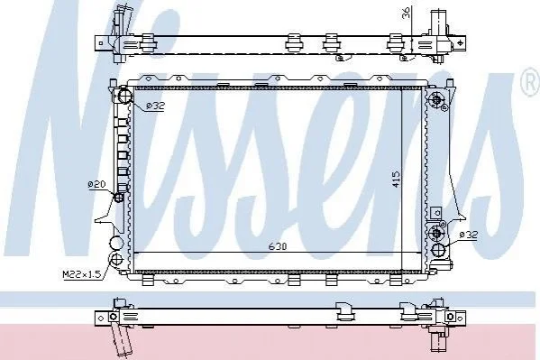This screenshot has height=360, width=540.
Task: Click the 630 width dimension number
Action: click(x=278, y=246)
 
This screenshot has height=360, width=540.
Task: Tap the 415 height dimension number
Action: click(x=396, y=180)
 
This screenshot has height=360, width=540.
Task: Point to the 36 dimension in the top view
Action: click(x=406, y=13)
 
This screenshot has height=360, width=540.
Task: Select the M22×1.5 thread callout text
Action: click(x=82, y=274)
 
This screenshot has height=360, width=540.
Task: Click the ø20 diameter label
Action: click(x=96, y=184)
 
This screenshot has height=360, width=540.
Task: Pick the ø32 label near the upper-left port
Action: click(x=155, y=106)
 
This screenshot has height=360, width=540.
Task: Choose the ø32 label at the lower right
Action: click(x=469, y=235)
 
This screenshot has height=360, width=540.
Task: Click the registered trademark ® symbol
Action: click(x=531, y=83)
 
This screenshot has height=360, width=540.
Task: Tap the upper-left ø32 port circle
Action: click(x=124, y=96)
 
